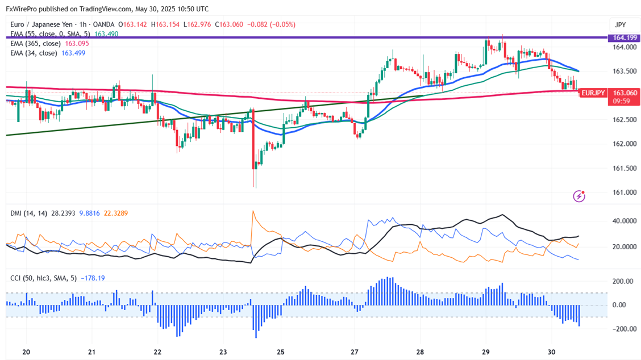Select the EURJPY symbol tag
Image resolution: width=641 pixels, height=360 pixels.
point(593,93)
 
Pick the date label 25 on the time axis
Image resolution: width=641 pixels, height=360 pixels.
point(281,351)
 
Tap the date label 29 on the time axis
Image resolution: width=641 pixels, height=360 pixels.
point(486,351)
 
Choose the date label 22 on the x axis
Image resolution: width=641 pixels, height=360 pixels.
point(157,351)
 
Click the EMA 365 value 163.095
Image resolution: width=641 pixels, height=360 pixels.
point(77,43)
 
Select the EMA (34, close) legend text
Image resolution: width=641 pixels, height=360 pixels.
point(33,53)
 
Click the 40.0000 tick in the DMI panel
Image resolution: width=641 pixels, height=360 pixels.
point(625,221)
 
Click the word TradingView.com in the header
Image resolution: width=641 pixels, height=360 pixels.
point(108,9)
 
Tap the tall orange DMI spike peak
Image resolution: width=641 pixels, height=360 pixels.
point(252,212)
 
